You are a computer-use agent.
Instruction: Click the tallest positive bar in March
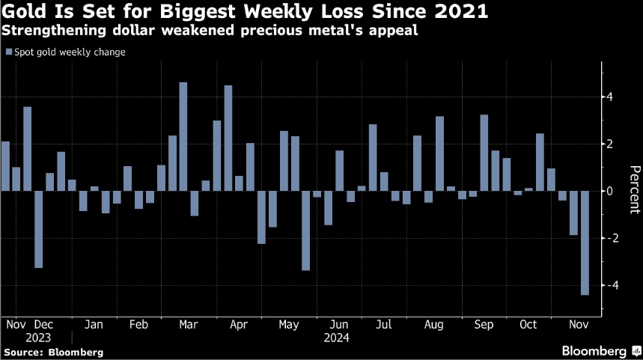coord(183,136)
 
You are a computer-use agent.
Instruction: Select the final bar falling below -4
coord(585,242)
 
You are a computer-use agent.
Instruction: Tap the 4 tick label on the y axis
coord(611,97)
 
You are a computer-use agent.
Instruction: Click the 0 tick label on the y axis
coord(611,191)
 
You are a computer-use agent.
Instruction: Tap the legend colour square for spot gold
coord(9,52)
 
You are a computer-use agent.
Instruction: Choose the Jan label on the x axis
coord(94,326)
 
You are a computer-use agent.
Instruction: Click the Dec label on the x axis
coord(43,326)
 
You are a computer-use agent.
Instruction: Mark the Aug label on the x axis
coord(433,326)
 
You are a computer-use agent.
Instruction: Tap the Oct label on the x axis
coord(528,326)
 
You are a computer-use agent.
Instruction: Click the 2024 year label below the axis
coord(336,338)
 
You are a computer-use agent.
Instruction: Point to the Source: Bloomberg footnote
coord(52,351)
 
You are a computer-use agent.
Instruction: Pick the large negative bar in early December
coord(38,229)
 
